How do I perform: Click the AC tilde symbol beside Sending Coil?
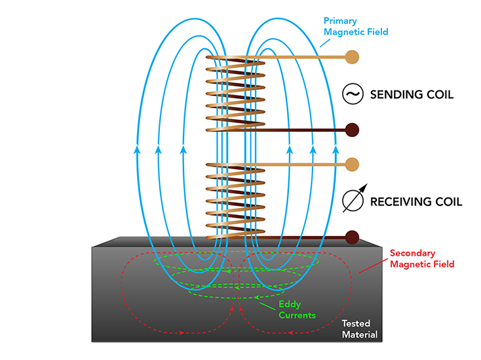pos(353,95)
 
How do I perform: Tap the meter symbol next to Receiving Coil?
pos(353,201)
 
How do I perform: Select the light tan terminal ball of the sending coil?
pos(352,57)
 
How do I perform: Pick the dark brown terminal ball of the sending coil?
pos(352,129)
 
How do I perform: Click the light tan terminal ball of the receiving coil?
pos(352,163)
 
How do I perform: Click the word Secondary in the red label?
pos(410,252)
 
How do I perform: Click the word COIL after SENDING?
pos(439,95)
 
